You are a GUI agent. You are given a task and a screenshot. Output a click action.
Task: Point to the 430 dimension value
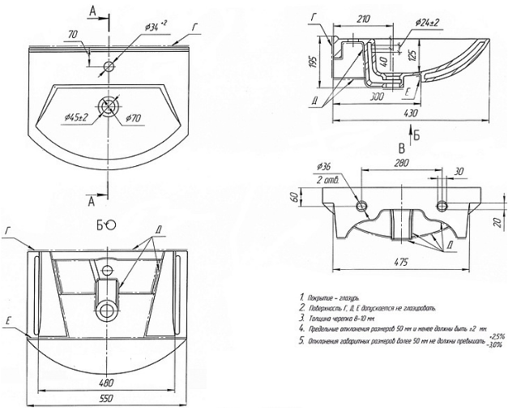[x=411, y=113]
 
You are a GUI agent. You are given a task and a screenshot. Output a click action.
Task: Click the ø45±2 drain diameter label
[x=77, y=118]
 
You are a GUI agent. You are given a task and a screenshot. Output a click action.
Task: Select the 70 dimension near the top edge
[x=73, y=35]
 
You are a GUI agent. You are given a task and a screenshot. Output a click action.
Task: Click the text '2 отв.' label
[x=329, y=178]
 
